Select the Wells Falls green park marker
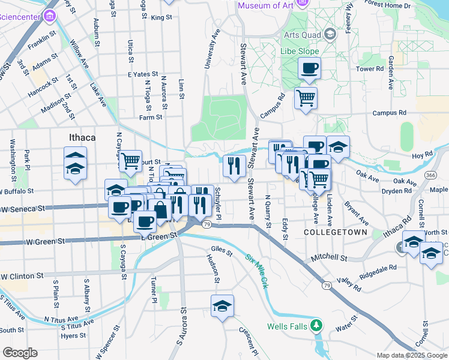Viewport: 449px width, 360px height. tap(316, 326)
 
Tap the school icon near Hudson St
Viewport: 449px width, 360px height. tap(222, 306)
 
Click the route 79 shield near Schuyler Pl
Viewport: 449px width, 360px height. tap(206, 224)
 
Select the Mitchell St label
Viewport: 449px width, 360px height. tap(329, 258)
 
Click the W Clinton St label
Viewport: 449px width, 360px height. tap(23, 277)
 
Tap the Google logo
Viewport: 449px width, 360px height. tap(20, 353)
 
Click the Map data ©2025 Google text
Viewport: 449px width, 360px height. tap(411, 355)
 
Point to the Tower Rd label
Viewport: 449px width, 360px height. tap(370, 69)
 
